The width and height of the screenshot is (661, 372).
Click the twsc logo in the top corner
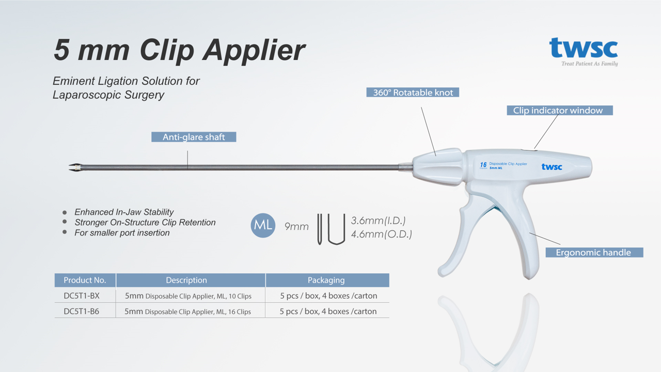584,49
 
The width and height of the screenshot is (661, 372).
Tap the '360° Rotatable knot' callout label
413,92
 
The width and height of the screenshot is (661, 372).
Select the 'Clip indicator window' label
558,110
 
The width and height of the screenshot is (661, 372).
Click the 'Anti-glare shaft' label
194,137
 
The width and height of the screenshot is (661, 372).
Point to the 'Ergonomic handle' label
593,253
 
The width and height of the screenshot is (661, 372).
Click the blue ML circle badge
263,225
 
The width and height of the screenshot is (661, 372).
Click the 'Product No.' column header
85,280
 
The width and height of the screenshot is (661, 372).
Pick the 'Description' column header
186,280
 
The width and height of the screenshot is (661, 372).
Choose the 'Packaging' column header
326,280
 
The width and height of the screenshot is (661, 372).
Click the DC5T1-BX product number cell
82,296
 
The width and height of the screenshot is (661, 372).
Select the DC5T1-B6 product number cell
82,312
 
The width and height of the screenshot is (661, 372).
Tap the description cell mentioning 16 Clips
188,312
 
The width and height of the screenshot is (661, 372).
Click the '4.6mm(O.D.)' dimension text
381,234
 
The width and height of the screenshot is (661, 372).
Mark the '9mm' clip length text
296,226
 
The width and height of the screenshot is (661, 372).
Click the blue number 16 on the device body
483,165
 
